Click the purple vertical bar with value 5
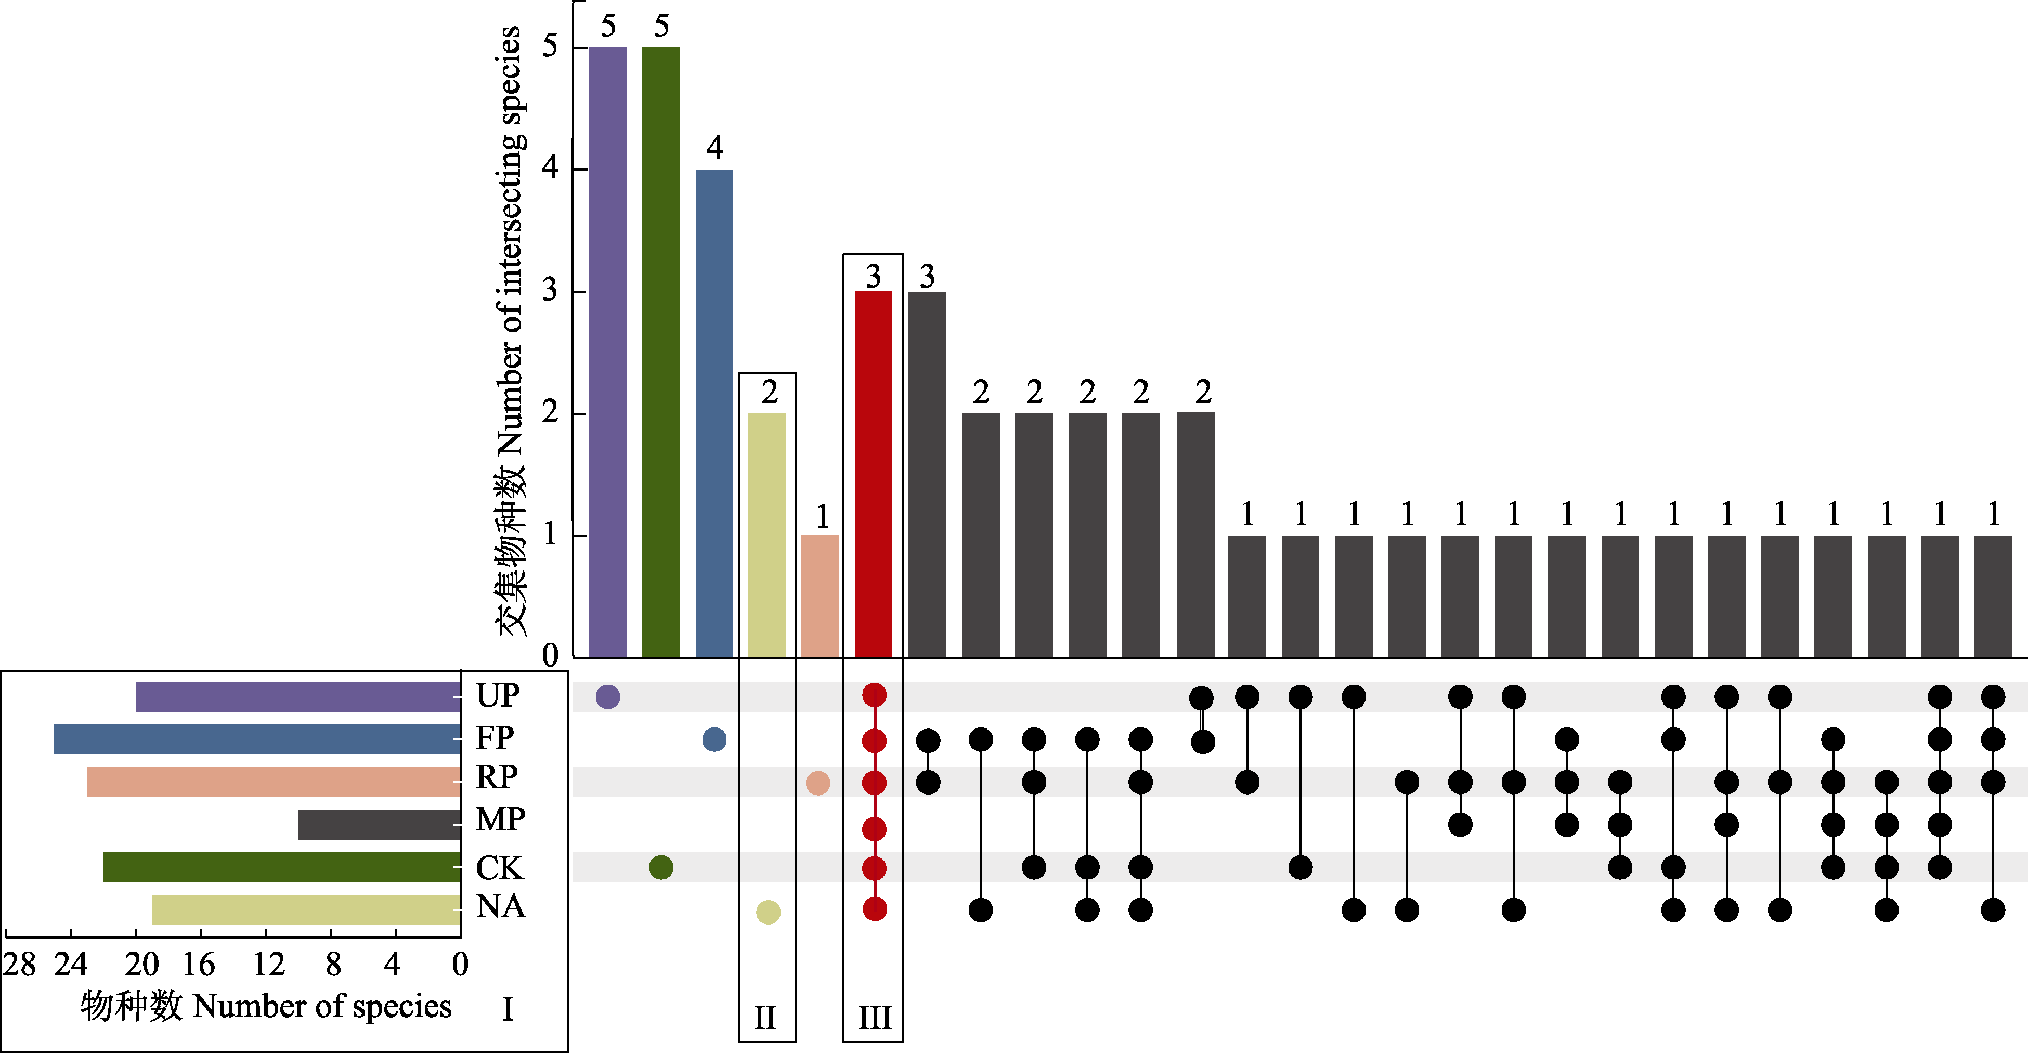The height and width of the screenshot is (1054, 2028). (608, 352)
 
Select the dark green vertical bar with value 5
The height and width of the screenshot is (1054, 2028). (661, 352)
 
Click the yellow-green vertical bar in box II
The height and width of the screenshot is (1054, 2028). (767, 535)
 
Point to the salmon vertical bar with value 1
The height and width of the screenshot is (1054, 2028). (820, 596)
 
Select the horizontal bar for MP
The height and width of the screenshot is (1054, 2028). (380, 824)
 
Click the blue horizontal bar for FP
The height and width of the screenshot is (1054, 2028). (257, 739)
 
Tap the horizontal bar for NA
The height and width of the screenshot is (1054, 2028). (306, 910)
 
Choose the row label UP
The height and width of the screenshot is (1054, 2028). (498, 696)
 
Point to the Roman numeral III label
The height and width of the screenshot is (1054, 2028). (875, 1018)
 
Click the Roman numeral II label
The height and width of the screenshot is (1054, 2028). (765, 1018)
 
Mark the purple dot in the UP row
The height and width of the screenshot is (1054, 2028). (608, 697)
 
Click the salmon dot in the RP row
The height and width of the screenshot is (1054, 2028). (818, 783)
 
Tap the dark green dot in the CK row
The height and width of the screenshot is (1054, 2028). (661, 867)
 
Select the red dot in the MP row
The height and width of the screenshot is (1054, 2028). (874, 829)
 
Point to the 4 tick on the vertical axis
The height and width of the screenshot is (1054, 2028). (550, 167)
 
